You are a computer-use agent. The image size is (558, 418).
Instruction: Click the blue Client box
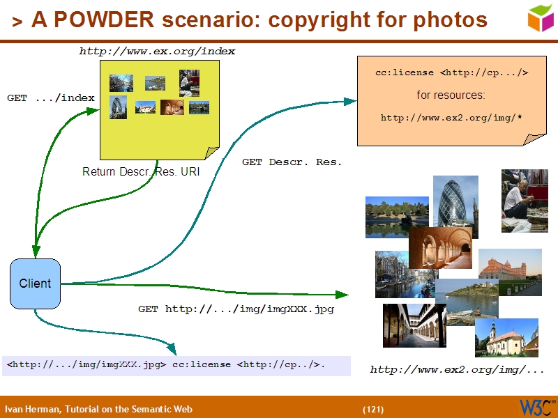[35, 284]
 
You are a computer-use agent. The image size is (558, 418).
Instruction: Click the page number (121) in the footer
[373, 409]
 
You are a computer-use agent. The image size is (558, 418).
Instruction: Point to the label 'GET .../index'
[50, 98]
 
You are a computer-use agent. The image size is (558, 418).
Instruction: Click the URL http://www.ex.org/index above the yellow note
[157, 51]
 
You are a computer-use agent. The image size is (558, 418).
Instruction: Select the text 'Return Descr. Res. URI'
[140, 171]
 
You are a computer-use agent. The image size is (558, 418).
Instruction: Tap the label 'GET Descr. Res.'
[292, 162]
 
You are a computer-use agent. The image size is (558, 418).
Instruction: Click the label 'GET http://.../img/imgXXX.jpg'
[236, 309]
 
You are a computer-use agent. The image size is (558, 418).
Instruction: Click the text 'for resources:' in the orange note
[451, 95]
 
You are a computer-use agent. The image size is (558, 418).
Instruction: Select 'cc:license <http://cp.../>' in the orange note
[451, 72]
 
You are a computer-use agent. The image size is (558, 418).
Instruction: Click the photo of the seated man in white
[525, 200]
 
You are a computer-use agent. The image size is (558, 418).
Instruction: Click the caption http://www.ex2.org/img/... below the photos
[457, 369]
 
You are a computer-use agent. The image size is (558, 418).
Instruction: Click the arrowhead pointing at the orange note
[351, 102]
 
